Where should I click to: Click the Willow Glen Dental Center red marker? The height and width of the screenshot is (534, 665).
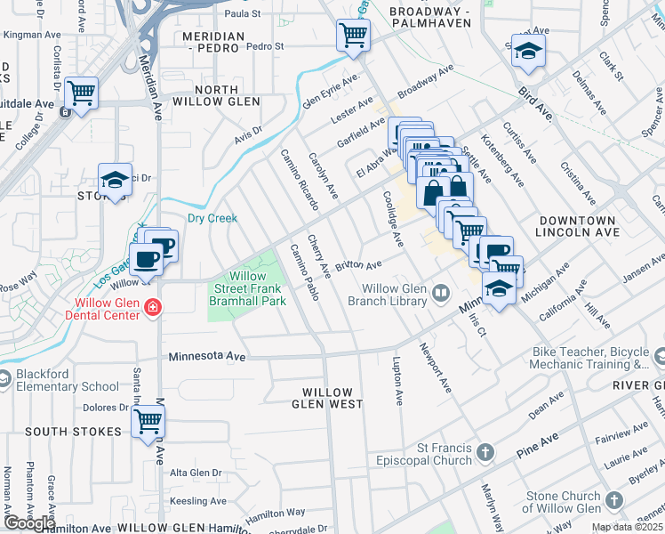coord(153,307)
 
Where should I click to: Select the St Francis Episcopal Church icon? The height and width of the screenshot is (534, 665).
coord(485,453)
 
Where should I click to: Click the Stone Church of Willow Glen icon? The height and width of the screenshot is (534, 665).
coord(613,501)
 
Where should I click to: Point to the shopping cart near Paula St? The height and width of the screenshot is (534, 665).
coord(353,36)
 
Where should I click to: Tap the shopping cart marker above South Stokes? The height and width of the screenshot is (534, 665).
coord(148,421)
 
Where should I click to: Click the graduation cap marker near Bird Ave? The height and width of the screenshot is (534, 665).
coord(527,52)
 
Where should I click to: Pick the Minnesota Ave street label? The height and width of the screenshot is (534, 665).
coord(207,356)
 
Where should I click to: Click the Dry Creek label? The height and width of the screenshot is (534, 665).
coord(212,218)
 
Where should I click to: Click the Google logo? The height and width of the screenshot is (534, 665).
coord(30,522)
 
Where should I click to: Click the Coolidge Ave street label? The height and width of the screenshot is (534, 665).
coord(393,218)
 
